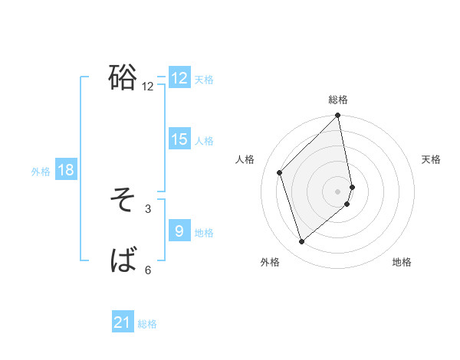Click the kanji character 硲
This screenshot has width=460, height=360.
click(x=123, y=77)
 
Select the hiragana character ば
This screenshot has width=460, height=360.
click(x=123, y=261)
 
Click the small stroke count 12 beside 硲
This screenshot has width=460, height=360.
click(x=148, y=87)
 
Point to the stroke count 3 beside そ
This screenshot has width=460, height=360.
click(x=148, y=208)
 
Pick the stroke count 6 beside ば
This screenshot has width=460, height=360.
click(x=148, y=270)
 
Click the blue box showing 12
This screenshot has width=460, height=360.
click(x=179, y=78)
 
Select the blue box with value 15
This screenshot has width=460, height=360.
click(x=179, y=139)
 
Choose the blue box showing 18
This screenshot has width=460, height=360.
click(x=66, y=170)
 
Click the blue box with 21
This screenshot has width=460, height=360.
click(x=123, y=323)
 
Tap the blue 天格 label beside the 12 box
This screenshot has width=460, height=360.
click(x=204, y=80)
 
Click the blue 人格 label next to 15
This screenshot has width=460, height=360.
click(x=204, y=141)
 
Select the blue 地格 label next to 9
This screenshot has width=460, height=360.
click(x=204, y=233)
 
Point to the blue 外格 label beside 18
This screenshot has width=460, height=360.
click(x=41, y=172)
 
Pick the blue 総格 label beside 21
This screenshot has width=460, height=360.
click(x=147, y=325)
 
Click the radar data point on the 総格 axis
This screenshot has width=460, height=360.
click(x=338, y=116)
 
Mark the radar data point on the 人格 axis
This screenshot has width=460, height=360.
click(x=280, y=172)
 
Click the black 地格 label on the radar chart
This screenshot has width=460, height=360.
click(x=402, y=262)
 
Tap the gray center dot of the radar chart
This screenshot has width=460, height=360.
click(x=338, y=191)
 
